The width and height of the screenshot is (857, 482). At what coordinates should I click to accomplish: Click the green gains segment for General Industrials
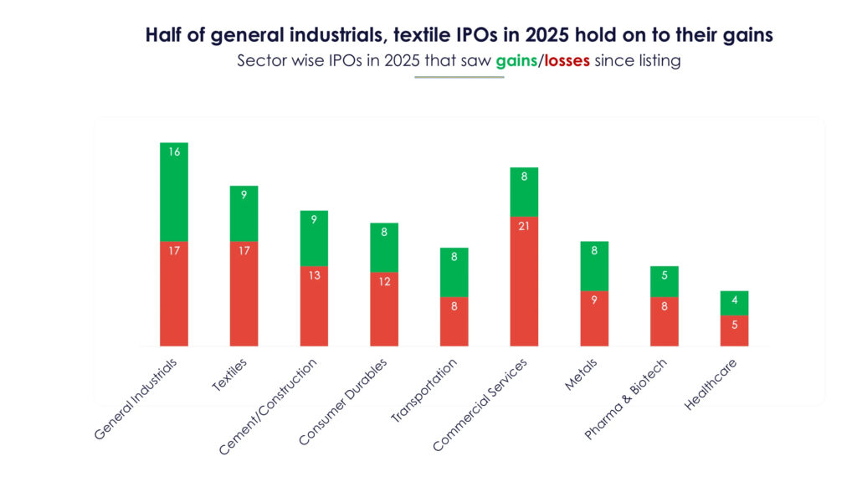174,192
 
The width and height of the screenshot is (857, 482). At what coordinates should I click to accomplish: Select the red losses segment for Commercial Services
524,281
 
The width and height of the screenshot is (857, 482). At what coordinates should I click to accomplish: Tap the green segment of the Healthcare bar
734,303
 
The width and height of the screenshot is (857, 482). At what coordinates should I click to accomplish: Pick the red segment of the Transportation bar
454,321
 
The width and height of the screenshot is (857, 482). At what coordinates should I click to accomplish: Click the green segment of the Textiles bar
244,213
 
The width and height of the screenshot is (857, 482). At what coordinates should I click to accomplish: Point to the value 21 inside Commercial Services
524,227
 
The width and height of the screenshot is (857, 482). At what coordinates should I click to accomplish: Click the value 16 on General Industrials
174,152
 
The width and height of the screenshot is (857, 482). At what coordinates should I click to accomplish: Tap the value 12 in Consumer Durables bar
384,282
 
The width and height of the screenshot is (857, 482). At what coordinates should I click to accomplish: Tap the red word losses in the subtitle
566,61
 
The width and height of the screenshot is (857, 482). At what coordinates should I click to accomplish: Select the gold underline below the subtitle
459,77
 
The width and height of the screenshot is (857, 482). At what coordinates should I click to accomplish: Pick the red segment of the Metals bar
594,318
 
